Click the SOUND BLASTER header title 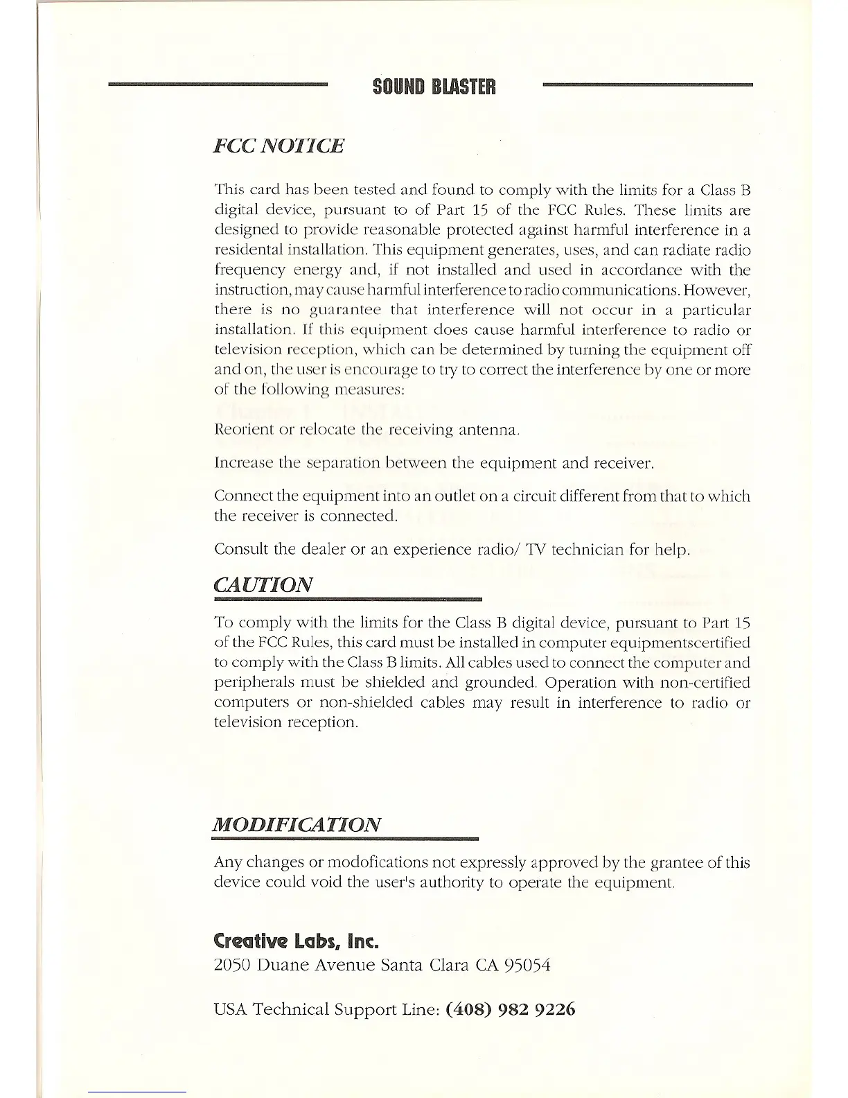(x=434, y=87)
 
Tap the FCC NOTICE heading (x=279, y=146)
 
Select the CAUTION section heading (x=263, y=584)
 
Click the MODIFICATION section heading (x=297, y=824)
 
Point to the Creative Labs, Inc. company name (x=297, y=941)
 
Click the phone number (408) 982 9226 (x=511, y=1009)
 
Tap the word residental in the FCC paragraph (x=247, y=250)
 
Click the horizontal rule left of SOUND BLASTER (x=218, y=85)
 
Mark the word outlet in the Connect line (x=453, y=496)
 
